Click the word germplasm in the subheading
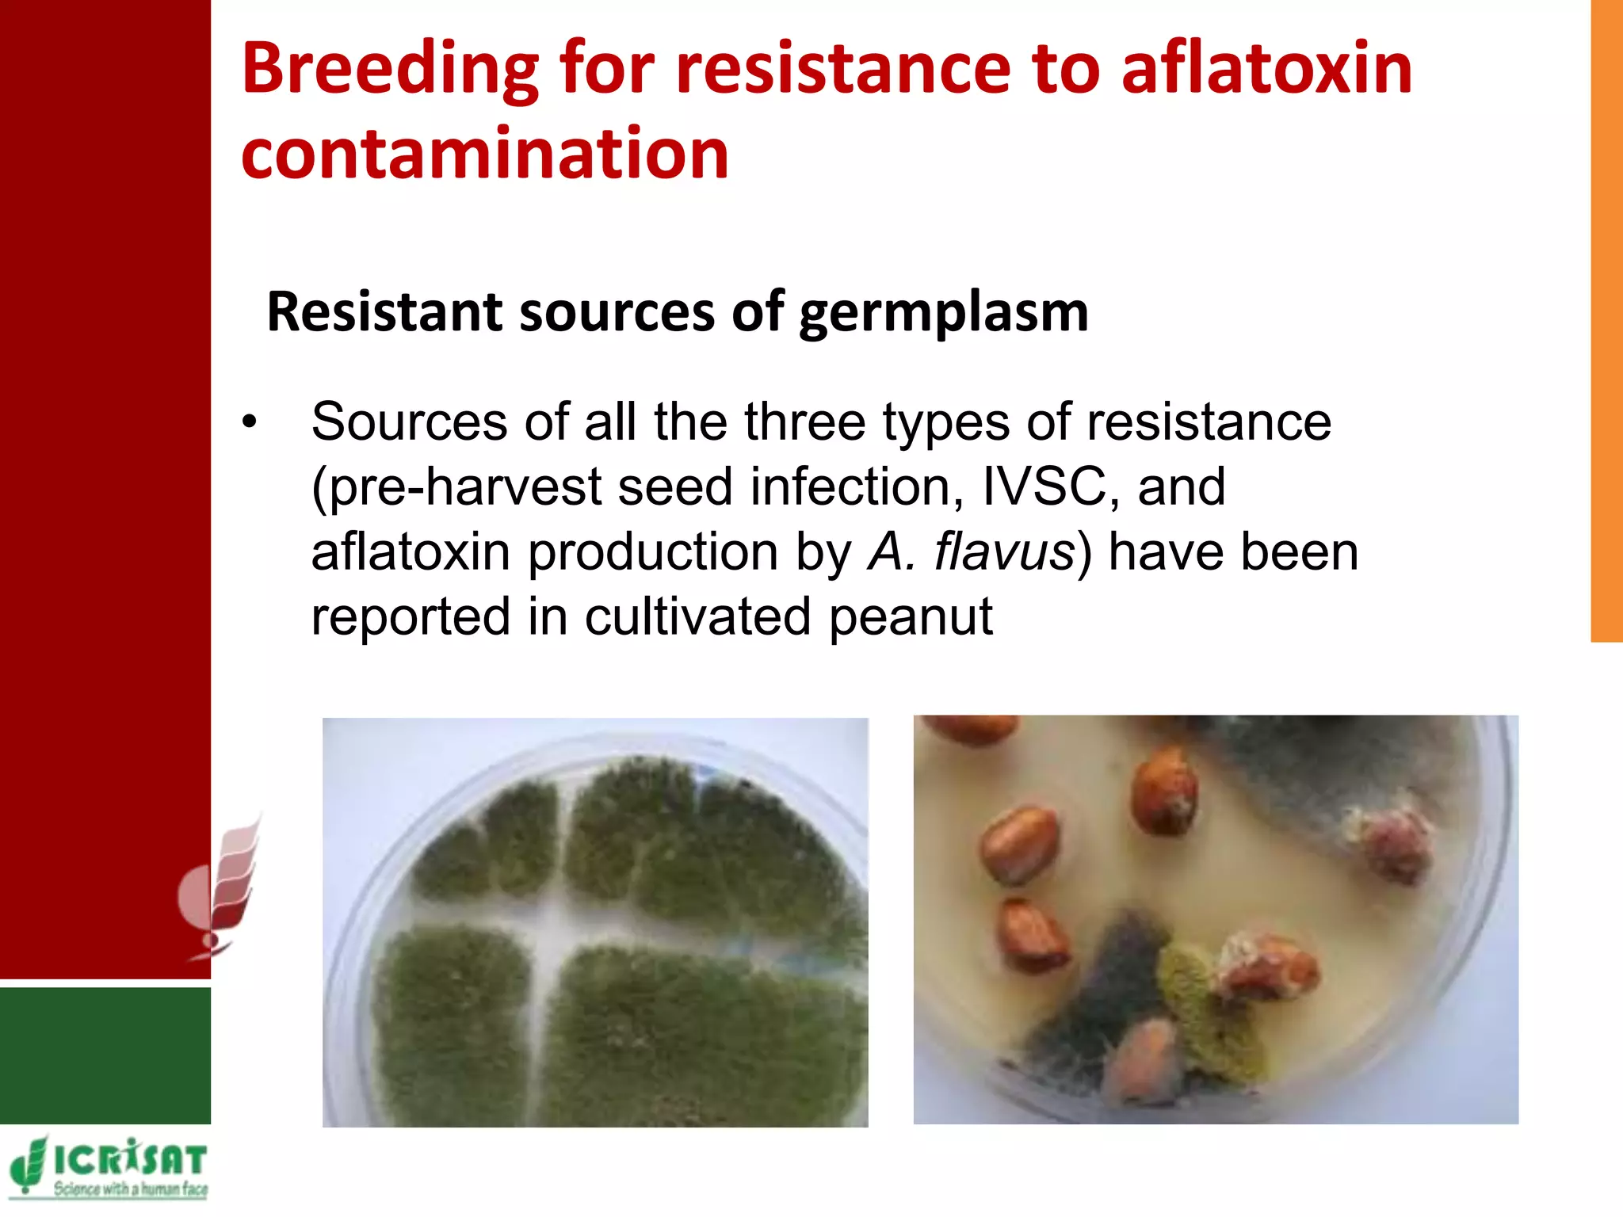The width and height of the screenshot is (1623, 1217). (943, 314)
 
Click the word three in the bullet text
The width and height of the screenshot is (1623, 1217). (804, 422)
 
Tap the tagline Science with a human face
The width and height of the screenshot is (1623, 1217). (130, 1189)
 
